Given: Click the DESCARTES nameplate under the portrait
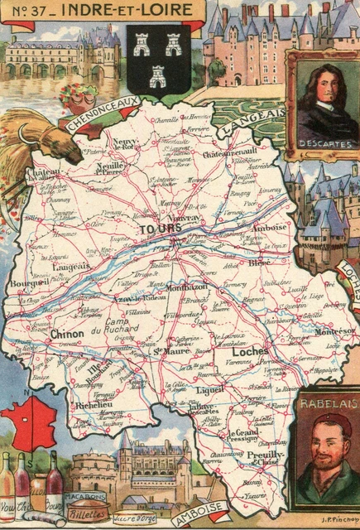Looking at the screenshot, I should coord(324,143).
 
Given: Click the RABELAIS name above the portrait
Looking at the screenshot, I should coord(324,404).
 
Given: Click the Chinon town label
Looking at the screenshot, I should coord(67,334).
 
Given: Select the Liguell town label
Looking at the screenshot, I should coord(210,388).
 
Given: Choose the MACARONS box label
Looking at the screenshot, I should coord(85,496).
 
